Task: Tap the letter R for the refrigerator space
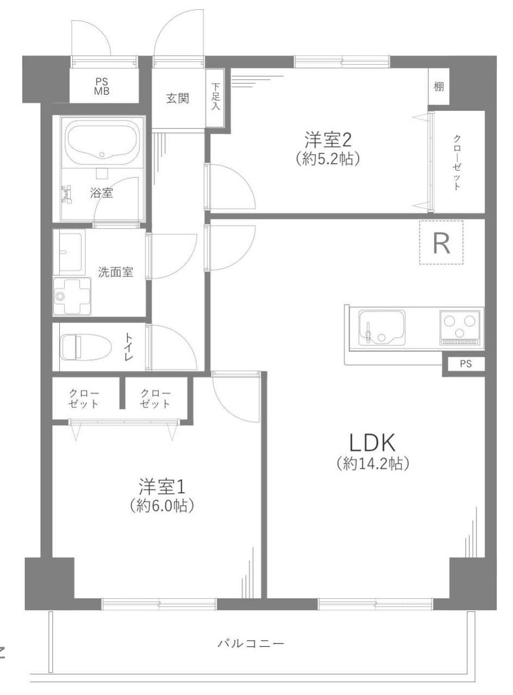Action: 441,245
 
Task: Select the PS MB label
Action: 101,86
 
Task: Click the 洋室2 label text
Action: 328,139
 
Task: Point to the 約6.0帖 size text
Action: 162,506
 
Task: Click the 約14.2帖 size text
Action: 373,463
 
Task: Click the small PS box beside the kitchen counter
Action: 465,364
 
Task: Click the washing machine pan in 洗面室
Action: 71,296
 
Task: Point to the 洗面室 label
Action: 115,272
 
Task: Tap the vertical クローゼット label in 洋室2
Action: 457,162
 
